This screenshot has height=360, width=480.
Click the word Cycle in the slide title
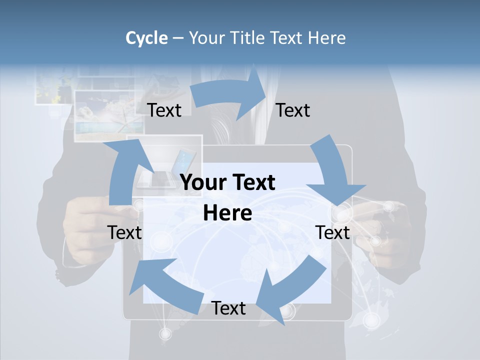coord(146,38)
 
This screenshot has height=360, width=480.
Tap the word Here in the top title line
coord(325,38)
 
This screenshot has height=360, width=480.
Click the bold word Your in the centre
coord(200,183)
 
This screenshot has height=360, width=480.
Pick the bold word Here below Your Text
coord(227,213)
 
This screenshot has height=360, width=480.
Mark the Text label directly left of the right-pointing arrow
coord(164,110)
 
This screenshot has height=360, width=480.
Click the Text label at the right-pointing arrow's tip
coord(293,110)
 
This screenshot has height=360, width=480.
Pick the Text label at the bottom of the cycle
coord(228,308)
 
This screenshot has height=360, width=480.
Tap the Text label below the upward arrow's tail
coord(125,232)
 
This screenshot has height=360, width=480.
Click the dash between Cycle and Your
coord(178,38)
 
